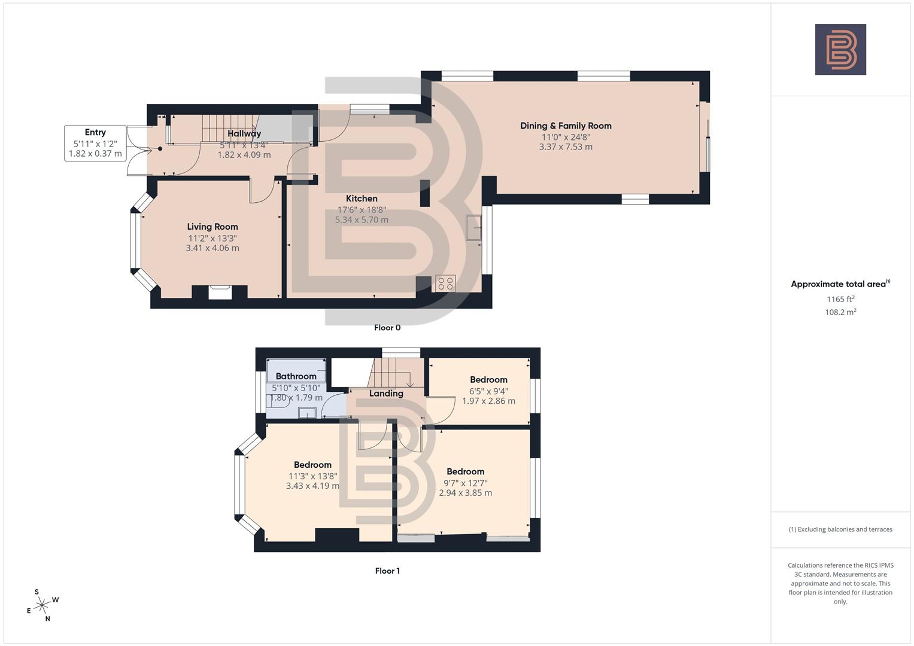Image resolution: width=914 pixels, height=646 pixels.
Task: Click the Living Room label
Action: (x=212, y=227)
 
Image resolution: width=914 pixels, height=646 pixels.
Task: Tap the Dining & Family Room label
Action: (x=566, y=126)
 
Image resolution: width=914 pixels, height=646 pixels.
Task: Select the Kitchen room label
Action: (x=362, y=199)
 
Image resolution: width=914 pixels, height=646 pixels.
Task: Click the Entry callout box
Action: (x=95, y=143)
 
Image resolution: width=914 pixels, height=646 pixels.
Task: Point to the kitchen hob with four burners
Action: (x=445, y=283)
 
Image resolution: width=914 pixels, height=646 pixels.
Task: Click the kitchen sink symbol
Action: (x=474, y=227)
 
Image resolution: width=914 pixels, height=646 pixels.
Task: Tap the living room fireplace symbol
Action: (x=219, y=292)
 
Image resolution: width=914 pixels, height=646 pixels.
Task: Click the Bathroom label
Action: (x=296, y=376)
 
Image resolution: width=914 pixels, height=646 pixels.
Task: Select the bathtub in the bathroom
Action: (x=296, y=370)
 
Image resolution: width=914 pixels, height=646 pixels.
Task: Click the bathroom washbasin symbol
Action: (x=307, y=413)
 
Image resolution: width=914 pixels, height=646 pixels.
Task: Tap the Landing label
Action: (x=386, y=394)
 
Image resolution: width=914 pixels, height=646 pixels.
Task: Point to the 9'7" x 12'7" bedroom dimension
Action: (x=465, y=483)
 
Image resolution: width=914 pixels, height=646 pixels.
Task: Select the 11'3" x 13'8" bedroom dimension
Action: (x=312, y=476)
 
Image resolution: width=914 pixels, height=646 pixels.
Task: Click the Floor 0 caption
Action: (x=387, y=328)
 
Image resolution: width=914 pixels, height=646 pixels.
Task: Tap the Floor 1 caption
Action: (x=387, y=571)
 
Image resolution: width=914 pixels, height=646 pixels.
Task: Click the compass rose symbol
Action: (x=42, y=606)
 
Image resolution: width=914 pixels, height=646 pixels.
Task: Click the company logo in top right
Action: (x=840, y=49)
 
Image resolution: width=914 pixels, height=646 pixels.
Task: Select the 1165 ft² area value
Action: (x=840, y=299)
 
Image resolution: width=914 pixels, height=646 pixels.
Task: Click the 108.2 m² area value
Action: (x=840, y=312)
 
